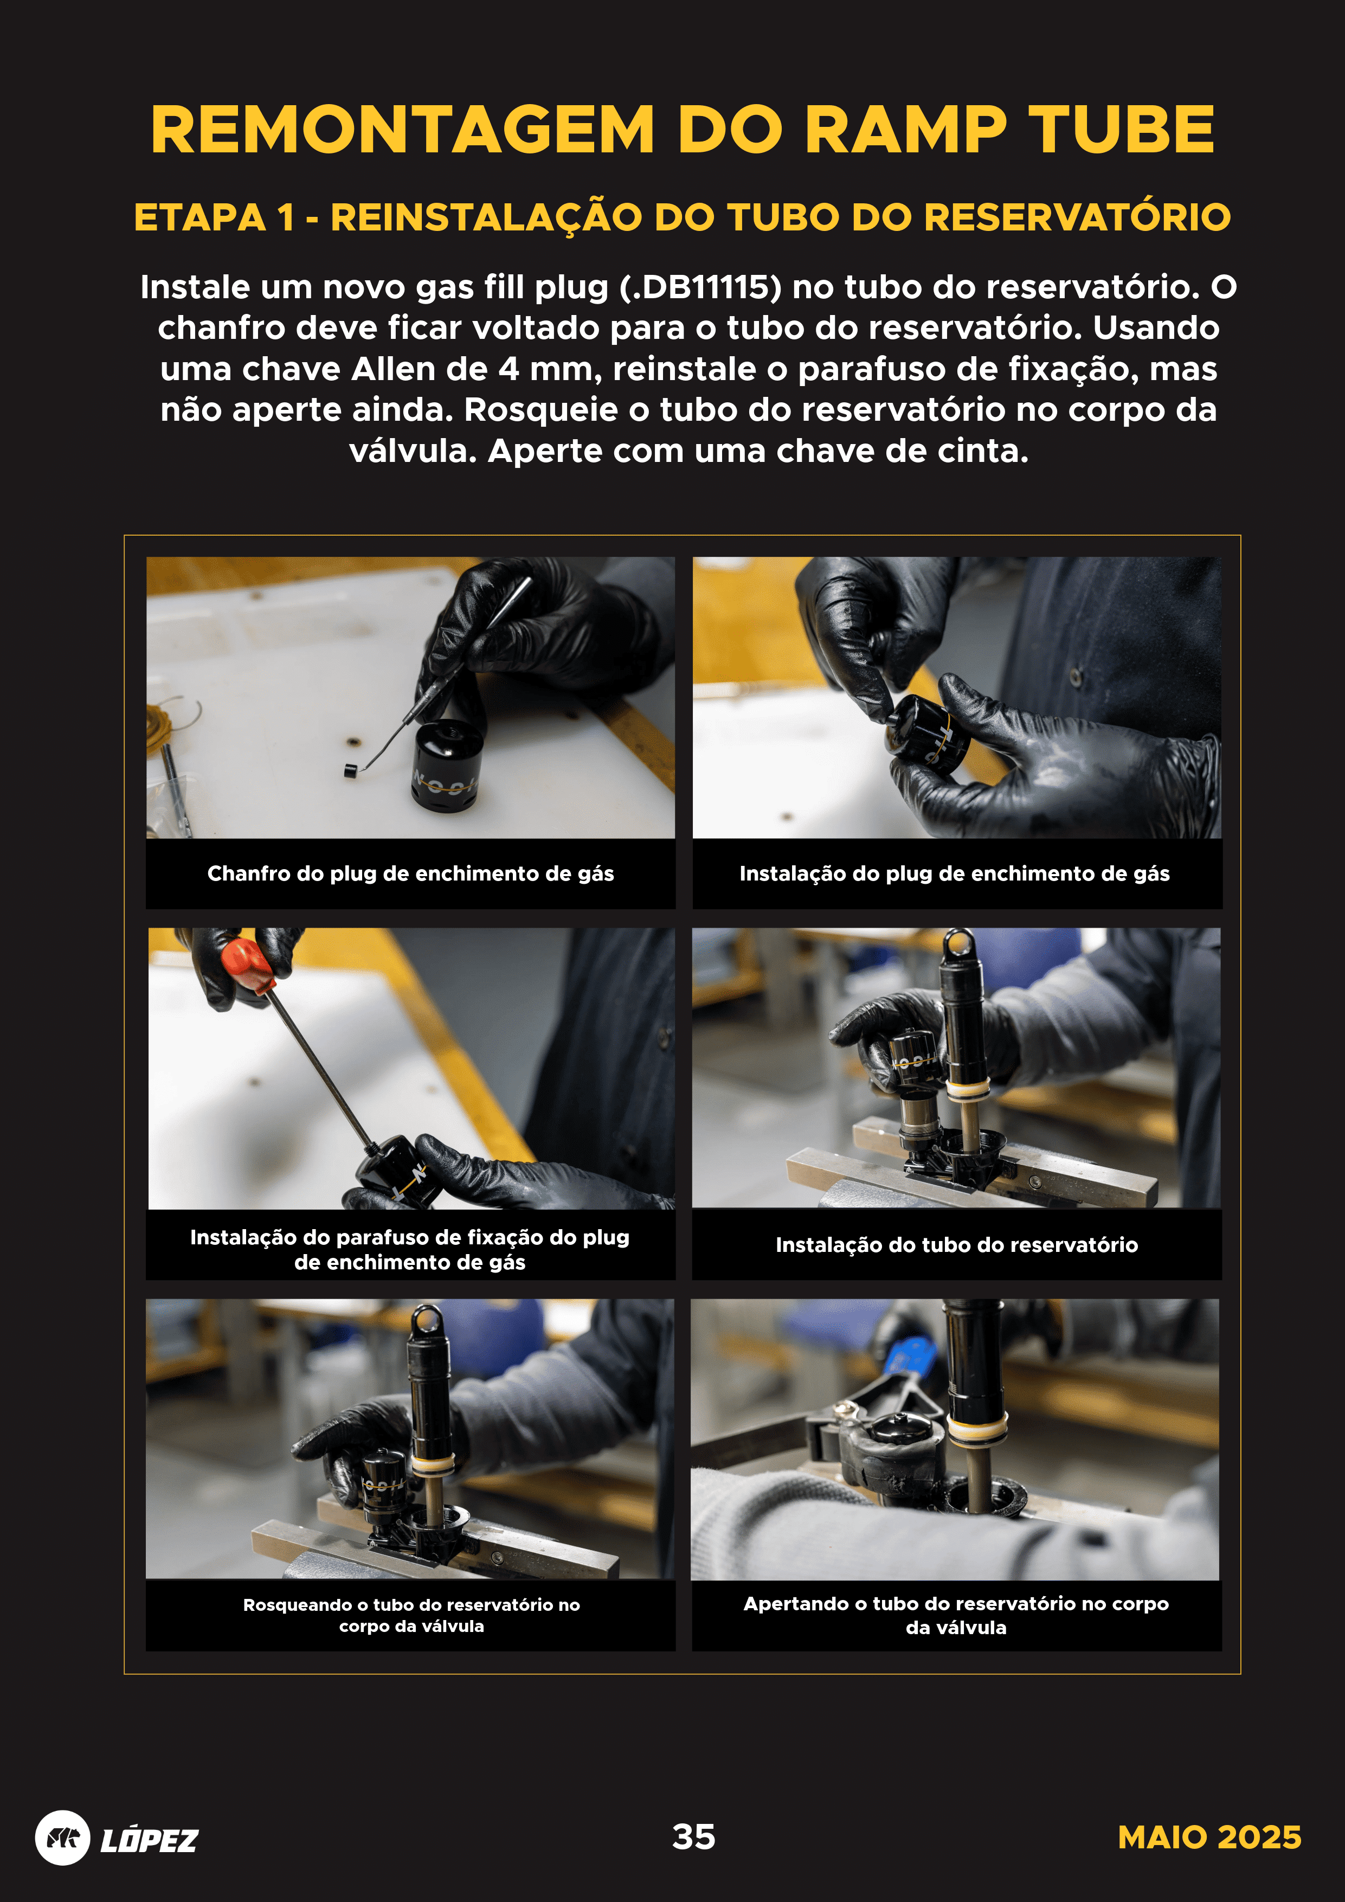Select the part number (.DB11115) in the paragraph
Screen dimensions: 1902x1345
700,287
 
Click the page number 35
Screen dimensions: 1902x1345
693,1836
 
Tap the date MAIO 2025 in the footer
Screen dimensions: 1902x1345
1208,1836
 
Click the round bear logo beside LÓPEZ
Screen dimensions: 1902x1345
62,1837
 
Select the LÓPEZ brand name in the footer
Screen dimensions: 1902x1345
149,1840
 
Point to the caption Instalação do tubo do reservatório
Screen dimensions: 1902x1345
957,1244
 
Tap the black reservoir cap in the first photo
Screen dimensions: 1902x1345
447,766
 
